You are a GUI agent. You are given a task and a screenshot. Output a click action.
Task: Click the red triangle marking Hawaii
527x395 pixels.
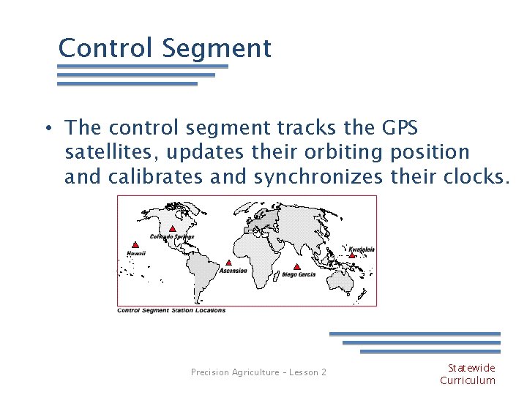click(x=135, y=245)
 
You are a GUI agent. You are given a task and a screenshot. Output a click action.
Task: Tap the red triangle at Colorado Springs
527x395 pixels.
click(x=172, y=228)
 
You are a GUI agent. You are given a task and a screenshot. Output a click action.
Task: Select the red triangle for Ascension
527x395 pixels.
click(x=228, y=263)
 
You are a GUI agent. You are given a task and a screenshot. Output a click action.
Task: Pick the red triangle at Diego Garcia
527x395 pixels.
click(x=296, y=267)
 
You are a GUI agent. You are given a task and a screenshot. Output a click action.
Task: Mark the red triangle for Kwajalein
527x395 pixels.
click(x=352, y=255)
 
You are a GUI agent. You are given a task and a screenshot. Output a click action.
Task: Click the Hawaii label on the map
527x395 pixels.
click(x=136, y=254)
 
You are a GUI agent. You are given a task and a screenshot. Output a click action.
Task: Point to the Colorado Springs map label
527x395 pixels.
click(x=172, y=237)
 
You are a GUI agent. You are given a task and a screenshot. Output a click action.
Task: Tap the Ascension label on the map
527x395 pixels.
click(x=233, y=271)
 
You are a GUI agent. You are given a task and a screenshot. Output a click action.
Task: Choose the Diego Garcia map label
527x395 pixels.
click(x=299, y=275)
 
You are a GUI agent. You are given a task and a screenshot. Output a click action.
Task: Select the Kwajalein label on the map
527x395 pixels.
click(x=361, y=249)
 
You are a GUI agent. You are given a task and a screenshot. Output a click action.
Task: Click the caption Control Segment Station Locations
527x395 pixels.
click(x=172, y=310)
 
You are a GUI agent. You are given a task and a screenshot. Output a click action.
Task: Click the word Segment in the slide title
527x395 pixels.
click(x=217, y=48)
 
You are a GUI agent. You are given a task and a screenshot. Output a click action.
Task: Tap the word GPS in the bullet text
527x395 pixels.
click(x=400, y=128)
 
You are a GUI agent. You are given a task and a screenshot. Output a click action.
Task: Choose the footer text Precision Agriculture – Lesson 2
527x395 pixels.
click(x=258, y=372)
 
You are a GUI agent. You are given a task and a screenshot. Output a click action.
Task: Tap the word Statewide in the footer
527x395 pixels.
click(x=471, y=368)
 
